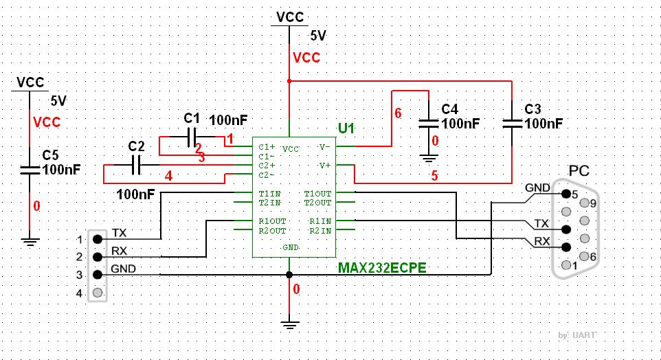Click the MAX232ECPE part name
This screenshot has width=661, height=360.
(x=382, y=268)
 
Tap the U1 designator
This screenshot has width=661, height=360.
(x=346, y=128)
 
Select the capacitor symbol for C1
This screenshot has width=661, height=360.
(x=192, y=137)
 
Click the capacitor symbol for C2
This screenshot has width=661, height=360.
(x=136, y=165)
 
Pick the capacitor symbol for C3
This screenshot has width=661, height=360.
(x=512, y=124)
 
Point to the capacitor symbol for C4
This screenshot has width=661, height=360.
(x=428, y=124)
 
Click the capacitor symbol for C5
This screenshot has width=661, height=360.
(x=30, y=170)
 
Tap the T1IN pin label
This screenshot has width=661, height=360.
(x=270, y=194)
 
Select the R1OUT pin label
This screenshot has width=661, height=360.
(x=272, y=221)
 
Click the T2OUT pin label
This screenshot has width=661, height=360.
(x=318, y=203)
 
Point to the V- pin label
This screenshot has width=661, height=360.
(x=324, y=147)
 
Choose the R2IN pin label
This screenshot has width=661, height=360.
(x=320, y=231)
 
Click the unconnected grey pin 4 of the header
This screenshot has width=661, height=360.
(x=98, y=292)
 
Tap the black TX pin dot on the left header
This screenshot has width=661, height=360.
(x=98, y=239)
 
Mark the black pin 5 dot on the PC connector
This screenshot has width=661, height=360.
(x=566, y=194)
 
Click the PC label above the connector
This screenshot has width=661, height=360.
(x=579, y=171)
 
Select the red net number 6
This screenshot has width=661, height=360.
(x=398, y=113)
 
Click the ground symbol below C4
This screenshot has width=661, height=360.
(x=428, y=158)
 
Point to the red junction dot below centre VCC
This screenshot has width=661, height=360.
(x=289, y=80)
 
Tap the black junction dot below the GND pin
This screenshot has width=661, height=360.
(x=289, y=275)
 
